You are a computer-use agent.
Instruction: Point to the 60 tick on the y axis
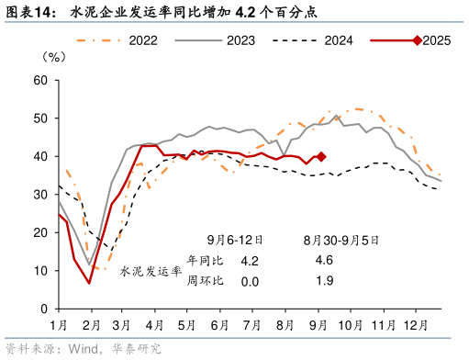point(39,80)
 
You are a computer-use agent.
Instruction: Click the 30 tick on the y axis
point(39,195)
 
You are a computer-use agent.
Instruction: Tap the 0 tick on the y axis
point(43,309)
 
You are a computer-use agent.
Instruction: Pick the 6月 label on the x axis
point(218,325)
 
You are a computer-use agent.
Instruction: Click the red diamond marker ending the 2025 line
point(320,156)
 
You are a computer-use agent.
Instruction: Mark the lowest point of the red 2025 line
point(89,283)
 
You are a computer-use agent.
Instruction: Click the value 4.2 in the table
point(249,261)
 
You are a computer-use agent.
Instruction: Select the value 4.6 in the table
point(323,261)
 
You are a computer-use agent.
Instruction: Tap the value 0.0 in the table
point(249,280)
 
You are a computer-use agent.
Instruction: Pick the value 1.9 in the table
point(323,280)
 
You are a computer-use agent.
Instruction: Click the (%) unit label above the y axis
point(54,57)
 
